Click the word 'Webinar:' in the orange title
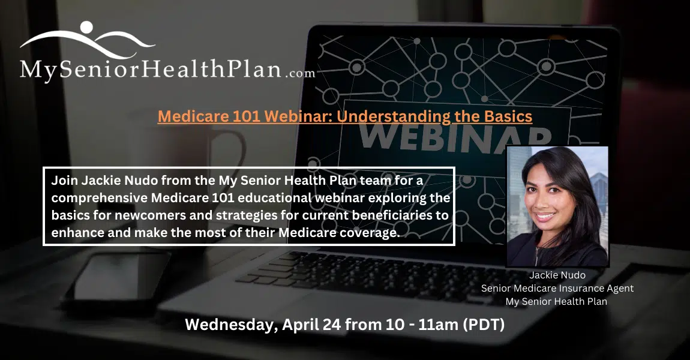point(298,116)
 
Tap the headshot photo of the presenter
point(557,206)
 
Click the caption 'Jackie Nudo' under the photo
point(557,275)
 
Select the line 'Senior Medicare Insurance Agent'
point(557,288)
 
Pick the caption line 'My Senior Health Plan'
point(556,301)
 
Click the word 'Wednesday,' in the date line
point(232,325)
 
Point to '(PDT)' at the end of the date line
point(484,325)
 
